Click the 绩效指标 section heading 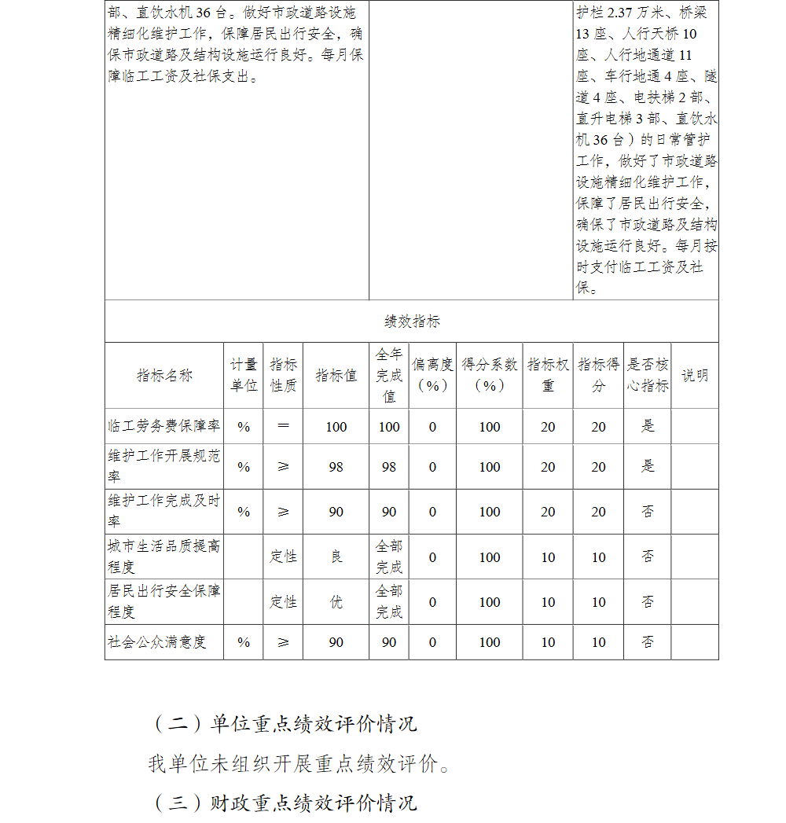click(x=412, y=321)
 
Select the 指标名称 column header click(x=164, y=375)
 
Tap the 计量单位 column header click(x=244, y=375)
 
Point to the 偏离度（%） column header click(x=432, y=375)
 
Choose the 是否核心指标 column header click(x=648, y=375)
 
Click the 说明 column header click(x=695, y=375)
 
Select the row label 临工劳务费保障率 click(x=164, y=426)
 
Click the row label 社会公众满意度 click(x=157, y=641)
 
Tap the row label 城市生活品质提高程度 click(x=164, y=557)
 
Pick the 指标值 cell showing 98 click(x=336, y=467)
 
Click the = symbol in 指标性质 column click(x=283, y=426)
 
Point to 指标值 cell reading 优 click(x=336, y=602)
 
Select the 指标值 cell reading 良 click(x=336, y=557)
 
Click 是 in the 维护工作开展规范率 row click(x=648, y=467)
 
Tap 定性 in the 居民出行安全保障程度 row click(x=283, y=602)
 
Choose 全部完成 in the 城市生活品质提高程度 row click(x=389, y=557)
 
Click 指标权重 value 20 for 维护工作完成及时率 click(x=548, y=512)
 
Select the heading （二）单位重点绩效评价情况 click(x=283, y=723)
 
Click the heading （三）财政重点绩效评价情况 click(x=283, y=803)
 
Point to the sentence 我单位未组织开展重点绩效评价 click(x=299, y=763)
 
